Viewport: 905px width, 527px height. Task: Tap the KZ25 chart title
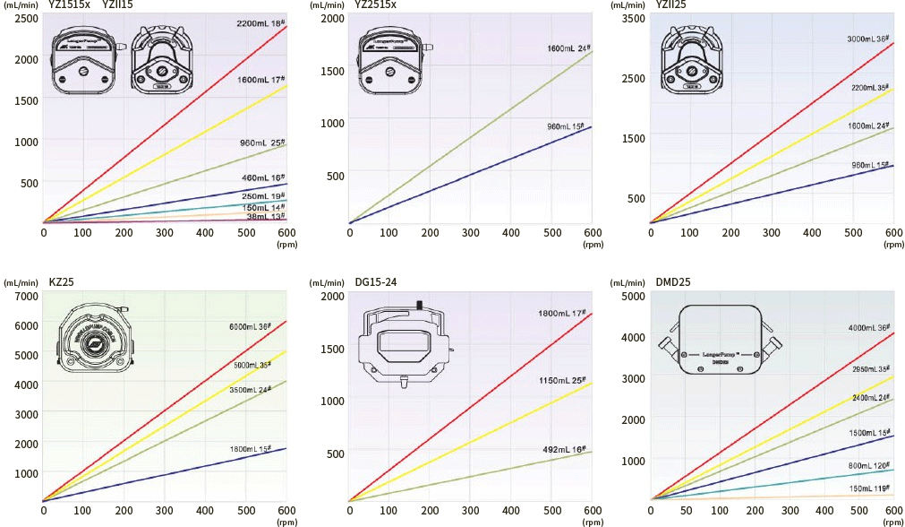point(61,282)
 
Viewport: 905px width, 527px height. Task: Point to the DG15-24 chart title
point(376,282)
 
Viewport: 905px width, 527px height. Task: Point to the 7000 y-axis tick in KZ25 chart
point(26,297)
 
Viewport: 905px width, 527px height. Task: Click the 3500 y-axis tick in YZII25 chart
point(632,18)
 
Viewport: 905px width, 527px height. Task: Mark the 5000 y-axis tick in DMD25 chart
point(632,297)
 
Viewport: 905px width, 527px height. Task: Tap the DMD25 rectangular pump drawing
point(721,347)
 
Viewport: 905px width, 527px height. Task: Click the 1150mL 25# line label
point(562,381)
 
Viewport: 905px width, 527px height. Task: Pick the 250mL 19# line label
point(263,196)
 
